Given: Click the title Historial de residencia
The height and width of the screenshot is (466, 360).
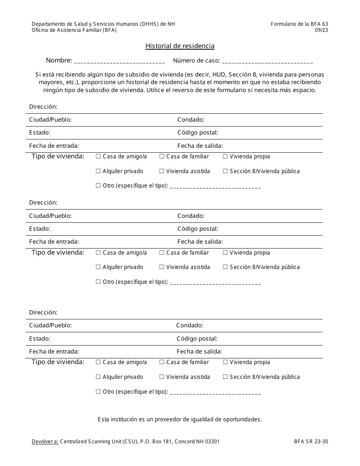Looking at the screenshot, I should tap(180, 46).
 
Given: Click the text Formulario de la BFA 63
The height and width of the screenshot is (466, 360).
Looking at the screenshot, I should tap(299, 24).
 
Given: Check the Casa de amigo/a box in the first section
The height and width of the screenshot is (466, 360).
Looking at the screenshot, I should tap(98, 156).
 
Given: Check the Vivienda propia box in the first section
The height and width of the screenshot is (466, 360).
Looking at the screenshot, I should tap(225, 156).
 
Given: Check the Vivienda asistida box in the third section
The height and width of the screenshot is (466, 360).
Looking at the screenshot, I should tap(162, 377).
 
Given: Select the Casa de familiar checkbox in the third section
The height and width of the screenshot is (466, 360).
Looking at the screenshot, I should tap(162, 362).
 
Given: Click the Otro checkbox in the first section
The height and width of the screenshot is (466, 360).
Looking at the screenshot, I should tap(98, 186).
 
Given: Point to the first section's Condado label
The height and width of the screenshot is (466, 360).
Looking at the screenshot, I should tap(191, 120).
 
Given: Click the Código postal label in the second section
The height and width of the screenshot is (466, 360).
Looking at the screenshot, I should tap(197, 229).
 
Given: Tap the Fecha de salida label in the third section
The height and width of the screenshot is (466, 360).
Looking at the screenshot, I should tap(199, 352).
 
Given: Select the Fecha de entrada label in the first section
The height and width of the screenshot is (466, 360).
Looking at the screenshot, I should tap(54, 146).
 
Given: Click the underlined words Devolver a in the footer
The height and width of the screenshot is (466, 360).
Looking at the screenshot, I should tap(45, 441).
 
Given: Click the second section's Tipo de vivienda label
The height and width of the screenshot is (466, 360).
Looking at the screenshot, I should tap(58, 253).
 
